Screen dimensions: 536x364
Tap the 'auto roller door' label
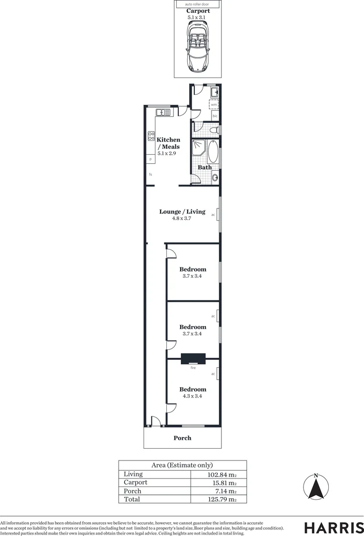coord(198,4)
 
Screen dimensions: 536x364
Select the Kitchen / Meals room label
coord(168,143)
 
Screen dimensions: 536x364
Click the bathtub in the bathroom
coord(213,152)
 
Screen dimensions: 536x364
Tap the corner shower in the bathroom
coord(200,147)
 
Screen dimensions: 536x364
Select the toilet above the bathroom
coord(214,131)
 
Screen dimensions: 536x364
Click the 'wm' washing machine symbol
coord(214,105)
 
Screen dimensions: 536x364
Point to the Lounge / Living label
coord(182,212)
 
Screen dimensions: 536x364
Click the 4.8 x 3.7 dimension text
coord(182,219)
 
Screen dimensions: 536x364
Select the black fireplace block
coord(193,359)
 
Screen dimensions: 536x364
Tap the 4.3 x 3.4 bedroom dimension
coord(193,396)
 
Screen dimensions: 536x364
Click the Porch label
coord(182,438)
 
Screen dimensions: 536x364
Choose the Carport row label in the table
coord(135,482)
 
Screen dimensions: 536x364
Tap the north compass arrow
coord(315,488)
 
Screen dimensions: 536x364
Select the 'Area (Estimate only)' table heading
coord(182,465)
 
